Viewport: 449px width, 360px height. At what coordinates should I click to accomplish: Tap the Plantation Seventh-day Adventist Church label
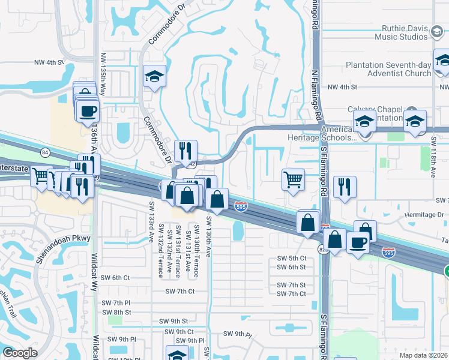tap(388, 69)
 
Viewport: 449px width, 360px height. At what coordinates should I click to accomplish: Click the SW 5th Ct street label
tap(291, 258)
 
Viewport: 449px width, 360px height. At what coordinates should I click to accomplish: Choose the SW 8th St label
tap(116, 312)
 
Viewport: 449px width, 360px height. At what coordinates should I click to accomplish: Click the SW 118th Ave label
tap(433, 155)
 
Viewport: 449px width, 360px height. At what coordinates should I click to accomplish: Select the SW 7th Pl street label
tap(116, 302)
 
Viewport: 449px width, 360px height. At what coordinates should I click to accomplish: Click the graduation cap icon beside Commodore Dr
tap(154, 77)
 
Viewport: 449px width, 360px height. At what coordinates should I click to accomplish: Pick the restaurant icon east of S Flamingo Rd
tap(345, 187)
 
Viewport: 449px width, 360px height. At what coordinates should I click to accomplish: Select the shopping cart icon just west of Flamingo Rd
tap(293, 179)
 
